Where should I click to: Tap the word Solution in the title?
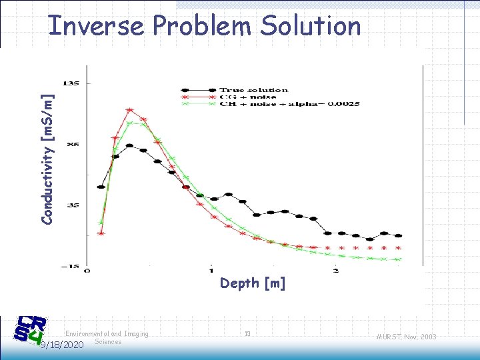[310, 26]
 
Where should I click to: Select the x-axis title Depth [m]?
[253, 283]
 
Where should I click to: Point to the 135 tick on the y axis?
[70, 83]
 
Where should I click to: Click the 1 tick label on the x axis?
[211, 270]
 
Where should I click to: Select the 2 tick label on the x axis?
[335, 270]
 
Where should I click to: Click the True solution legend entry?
[253, 89]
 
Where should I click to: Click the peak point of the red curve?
[129, 110]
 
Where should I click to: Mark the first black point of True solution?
[101, 187]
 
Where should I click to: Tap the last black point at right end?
[399, 235]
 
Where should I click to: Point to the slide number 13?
[247, 333]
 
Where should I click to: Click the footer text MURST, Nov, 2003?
[405, 337]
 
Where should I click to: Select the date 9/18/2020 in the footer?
[61, 345]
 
